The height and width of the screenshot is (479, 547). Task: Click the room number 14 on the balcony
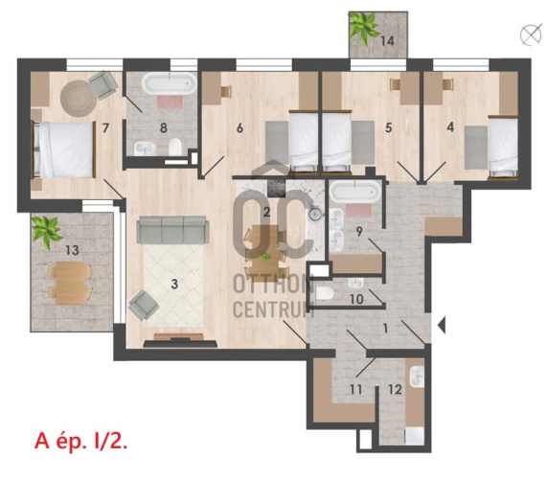[387, 41]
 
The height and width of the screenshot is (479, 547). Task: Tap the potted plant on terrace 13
[46, 232]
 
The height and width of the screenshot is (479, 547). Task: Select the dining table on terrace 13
[70, 283]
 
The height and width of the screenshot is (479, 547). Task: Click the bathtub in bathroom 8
[170, 83]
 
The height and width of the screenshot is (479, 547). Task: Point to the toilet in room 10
[325, 294]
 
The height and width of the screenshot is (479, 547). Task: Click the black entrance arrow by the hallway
[442, 325]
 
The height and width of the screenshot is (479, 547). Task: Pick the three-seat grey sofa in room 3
[172, 230]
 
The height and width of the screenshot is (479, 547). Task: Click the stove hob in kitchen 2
[276, 189]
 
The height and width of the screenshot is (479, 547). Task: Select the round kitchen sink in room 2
[316, 214]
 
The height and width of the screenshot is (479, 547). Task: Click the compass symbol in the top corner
[531, 35]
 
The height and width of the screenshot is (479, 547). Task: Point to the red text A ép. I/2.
[80, 441]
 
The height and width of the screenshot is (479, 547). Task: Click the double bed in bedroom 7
[64, 149]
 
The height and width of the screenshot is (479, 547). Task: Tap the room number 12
[395, 389]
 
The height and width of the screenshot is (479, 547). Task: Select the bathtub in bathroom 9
[355, 193]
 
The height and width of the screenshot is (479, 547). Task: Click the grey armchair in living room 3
[144, 306]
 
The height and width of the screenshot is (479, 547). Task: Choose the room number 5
[388, 127]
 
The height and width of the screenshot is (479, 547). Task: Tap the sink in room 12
[417, 376]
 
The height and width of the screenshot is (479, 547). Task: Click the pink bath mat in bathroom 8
[170, 103]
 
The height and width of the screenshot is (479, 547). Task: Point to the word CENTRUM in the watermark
[273, 309]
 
